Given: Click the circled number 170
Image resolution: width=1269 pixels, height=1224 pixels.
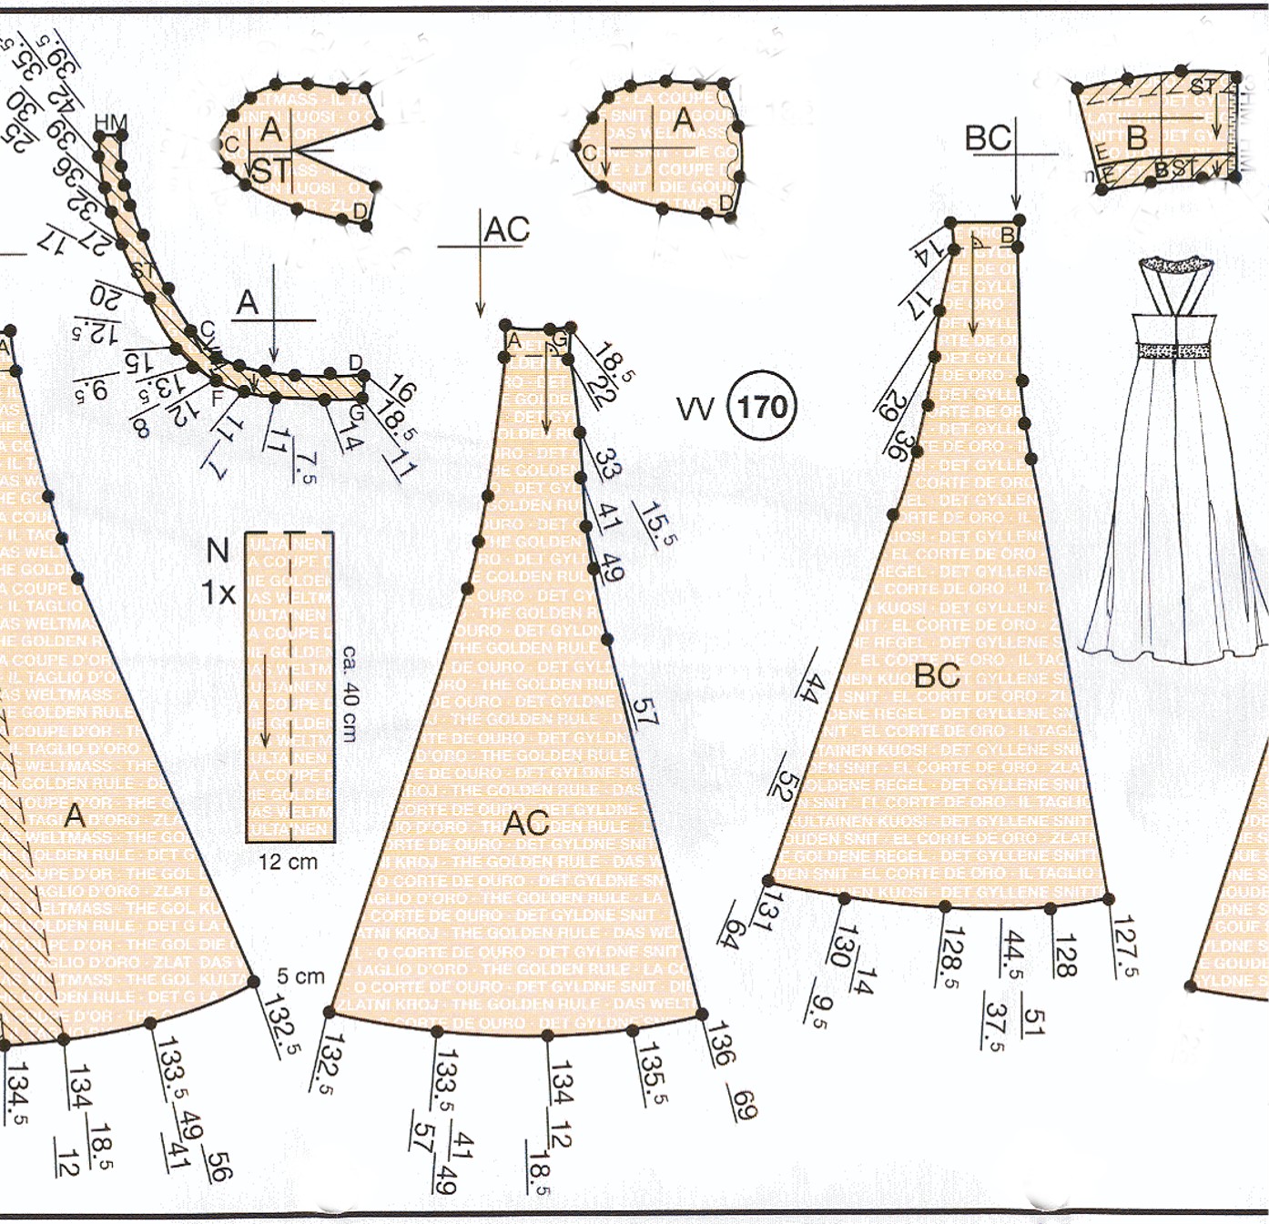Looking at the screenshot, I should point(762,407).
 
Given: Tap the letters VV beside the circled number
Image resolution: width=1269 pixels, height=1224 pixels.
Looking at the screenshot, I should point(696,409).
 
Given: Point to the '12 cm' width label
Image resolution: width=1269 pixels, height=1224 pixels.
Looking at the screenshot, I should point(288,862).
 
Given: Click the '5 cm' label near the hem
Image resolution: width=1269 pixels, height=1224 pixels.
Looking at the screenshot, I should point(300,976).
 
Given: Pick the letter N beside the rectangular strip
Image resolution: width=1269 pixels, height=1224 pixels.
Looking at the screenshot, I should point(218,551).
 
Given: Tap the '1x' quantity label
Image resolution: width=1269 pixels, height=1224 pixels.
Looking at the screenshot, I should point(218,593).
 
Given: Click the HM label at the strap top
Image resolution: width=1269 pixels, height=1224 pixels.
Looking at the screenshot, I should point(111,123).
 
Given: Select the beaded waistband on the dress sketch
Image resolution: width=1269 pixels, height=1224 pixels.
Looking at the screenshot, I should point(1173,350).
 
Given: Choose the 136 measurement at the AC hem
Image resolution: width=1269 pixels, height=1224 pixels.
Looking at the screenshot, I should point(720,1044).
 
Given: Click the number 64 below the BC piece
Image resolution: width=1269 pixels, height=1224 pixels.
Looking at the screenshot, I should point(730,926).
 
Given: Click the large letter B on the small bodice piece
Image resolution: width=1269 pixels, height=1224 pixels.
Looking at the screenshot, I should point(1136,137).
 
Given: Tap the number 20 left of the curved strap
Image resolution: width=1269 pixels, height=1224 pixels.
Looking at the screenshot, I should point(105,298).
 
